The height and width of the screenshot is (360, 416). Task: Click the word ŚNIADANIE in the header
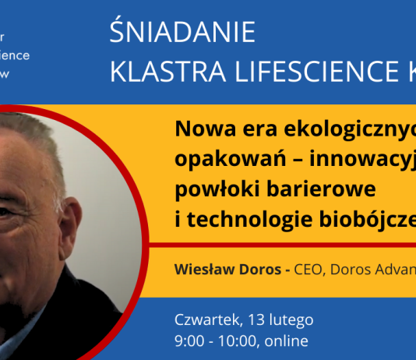183,33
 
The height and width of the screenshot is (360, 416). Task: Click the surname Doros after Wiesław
261,270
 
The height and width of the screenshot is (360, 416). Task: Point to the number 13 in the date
252,319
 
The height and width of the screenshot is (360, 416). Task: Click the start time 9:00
189,341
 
